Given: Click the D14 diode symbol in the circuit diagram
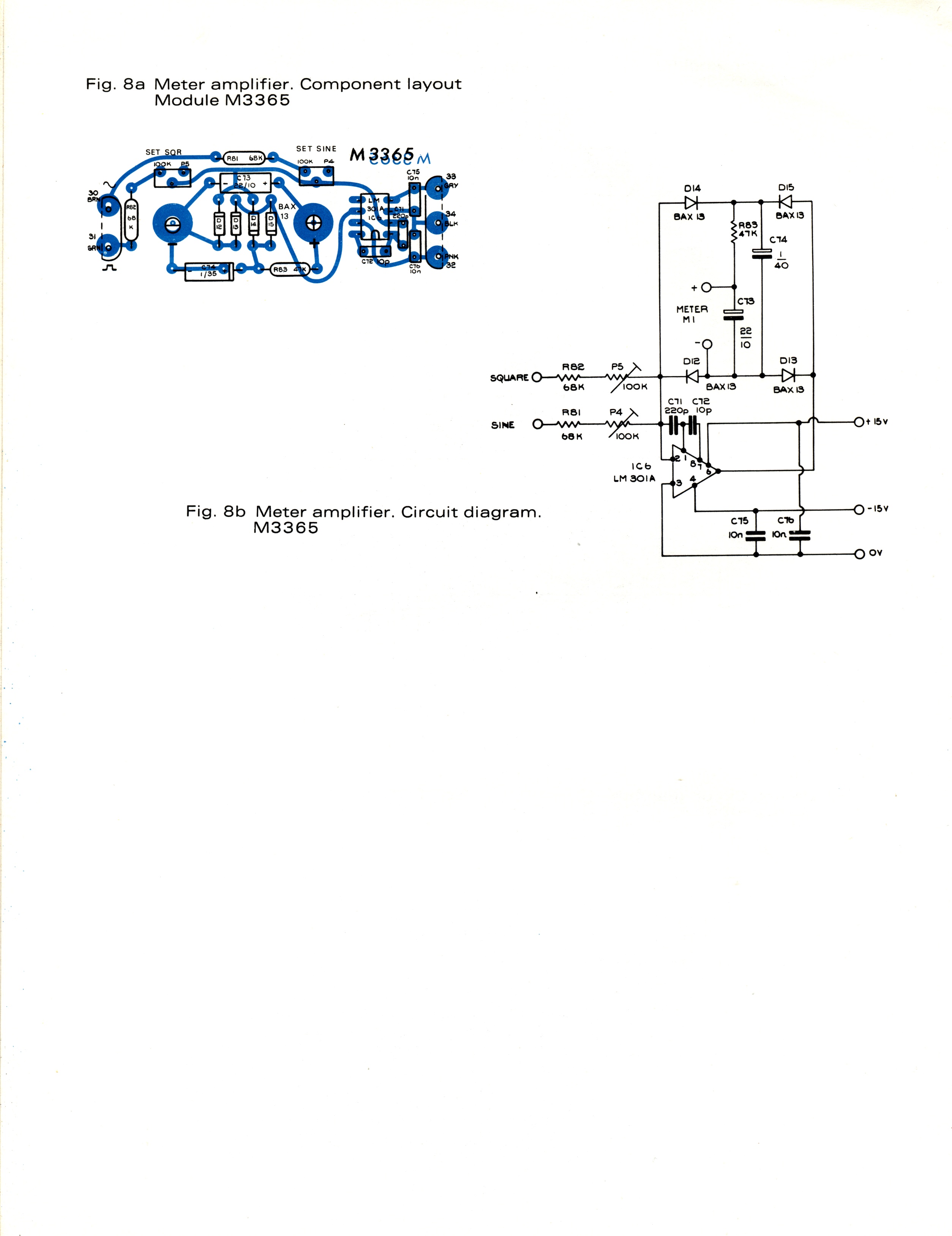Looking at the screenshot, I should pyautogui.click(x=691, y=202).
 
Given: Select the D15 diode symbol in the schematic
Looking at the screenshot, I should pyautogui.click(x=785, y=201).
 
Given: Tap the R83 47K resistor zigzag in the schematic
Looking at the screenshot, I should pyautogui.click(x=734, y=233).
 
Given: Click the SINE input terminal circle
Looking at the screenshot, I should pyautogui.click(x=537, y=424).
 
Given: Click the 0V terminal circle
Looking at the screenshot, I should pyautogui.click(x=859, y=554).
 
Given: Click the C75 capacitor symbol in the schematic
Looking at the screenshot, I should pyautogui.click(x=755, y=535).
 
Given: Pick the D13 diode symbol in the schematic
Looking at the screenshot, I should pyautogui.click(x=788, y=375).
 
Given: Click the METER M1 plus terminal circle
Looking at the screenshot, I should pyautogui.click(x=706, y=288).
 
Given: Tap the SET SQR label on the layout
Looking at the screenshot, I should pyautogui.click(x=163, y=152).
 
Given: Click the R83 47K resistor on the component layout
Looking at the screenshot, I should pyautogui.click(x=289, y=269).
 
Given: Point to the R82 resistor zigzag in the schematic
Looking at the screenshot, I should pyautogui.click(x=570, y=377).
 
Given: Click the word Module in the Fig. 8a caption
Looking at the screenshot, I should pyautogui.click(x=186, y=100).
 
